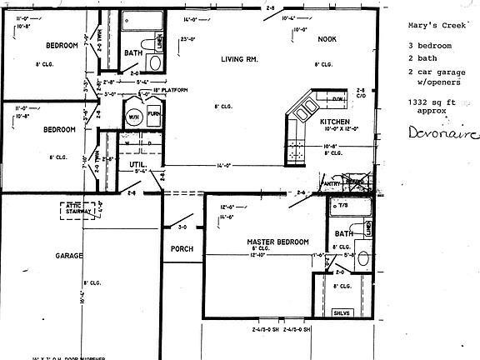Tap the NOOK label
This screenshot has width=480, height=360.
327,39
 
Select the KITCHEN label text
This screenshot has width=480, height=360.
336,122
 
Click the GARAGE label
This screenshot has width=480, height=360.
67,256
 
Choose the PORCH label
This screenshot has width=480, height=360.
182,249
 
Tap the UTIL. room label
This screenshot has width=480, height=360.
137,167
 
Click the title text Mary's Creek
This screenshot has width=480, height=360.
432,24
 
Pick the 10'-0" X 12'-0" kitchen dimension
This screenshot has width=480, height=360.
338,129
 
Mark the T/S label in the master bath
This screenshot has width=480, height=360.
342,204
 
